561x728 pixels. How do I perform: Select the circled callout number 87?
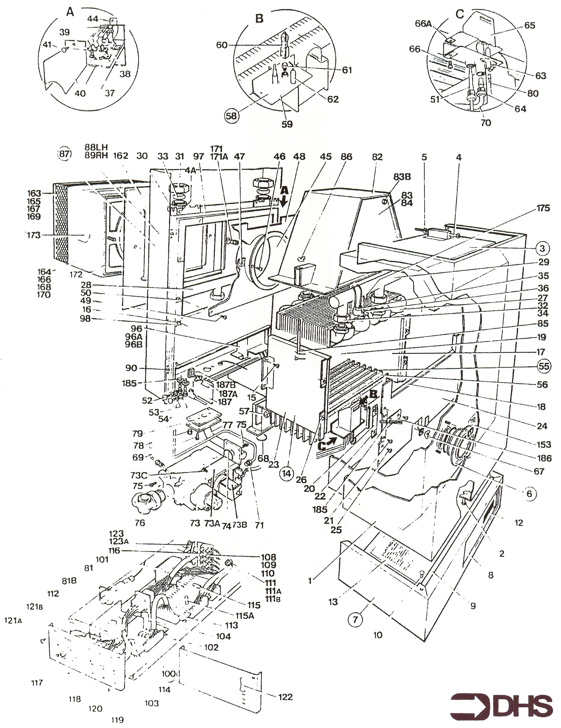65,154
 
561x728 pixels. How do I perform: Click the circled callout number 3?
542,248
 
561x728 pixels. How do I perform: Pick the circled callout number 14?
286,474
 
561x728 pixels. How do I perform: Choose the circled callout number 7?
355,619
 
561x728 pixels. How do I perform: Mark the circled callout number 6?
529,493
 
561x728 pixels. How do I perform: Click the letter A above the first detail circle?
70,12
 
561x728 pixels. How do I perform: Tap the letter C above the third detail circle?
460,14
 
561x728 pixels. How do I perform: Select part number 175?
543,208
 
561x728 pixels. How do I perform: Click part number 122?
285,696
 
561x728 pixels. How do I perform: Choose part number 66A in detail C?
423,24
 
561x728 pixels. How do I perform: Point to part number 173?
34,235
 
